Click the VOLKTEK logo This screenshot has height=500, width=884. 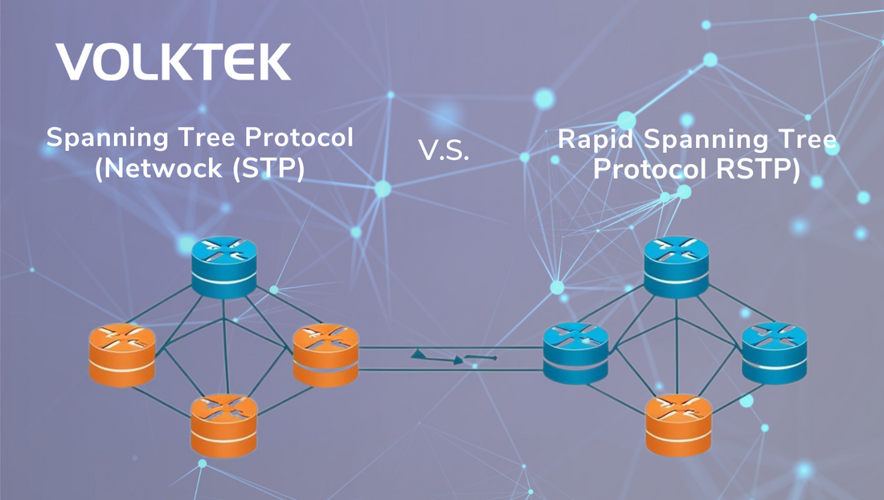[x=173, y=62]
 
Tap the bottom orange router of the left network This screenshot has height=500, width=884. [x=223, y=424]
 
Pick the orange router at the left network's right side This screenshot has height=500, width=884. [x=325, y=353]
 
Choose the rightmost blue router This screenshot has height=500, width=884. [x=773, y=353]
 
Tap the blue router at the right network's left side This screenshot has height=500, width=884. [x=575, y=353]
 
